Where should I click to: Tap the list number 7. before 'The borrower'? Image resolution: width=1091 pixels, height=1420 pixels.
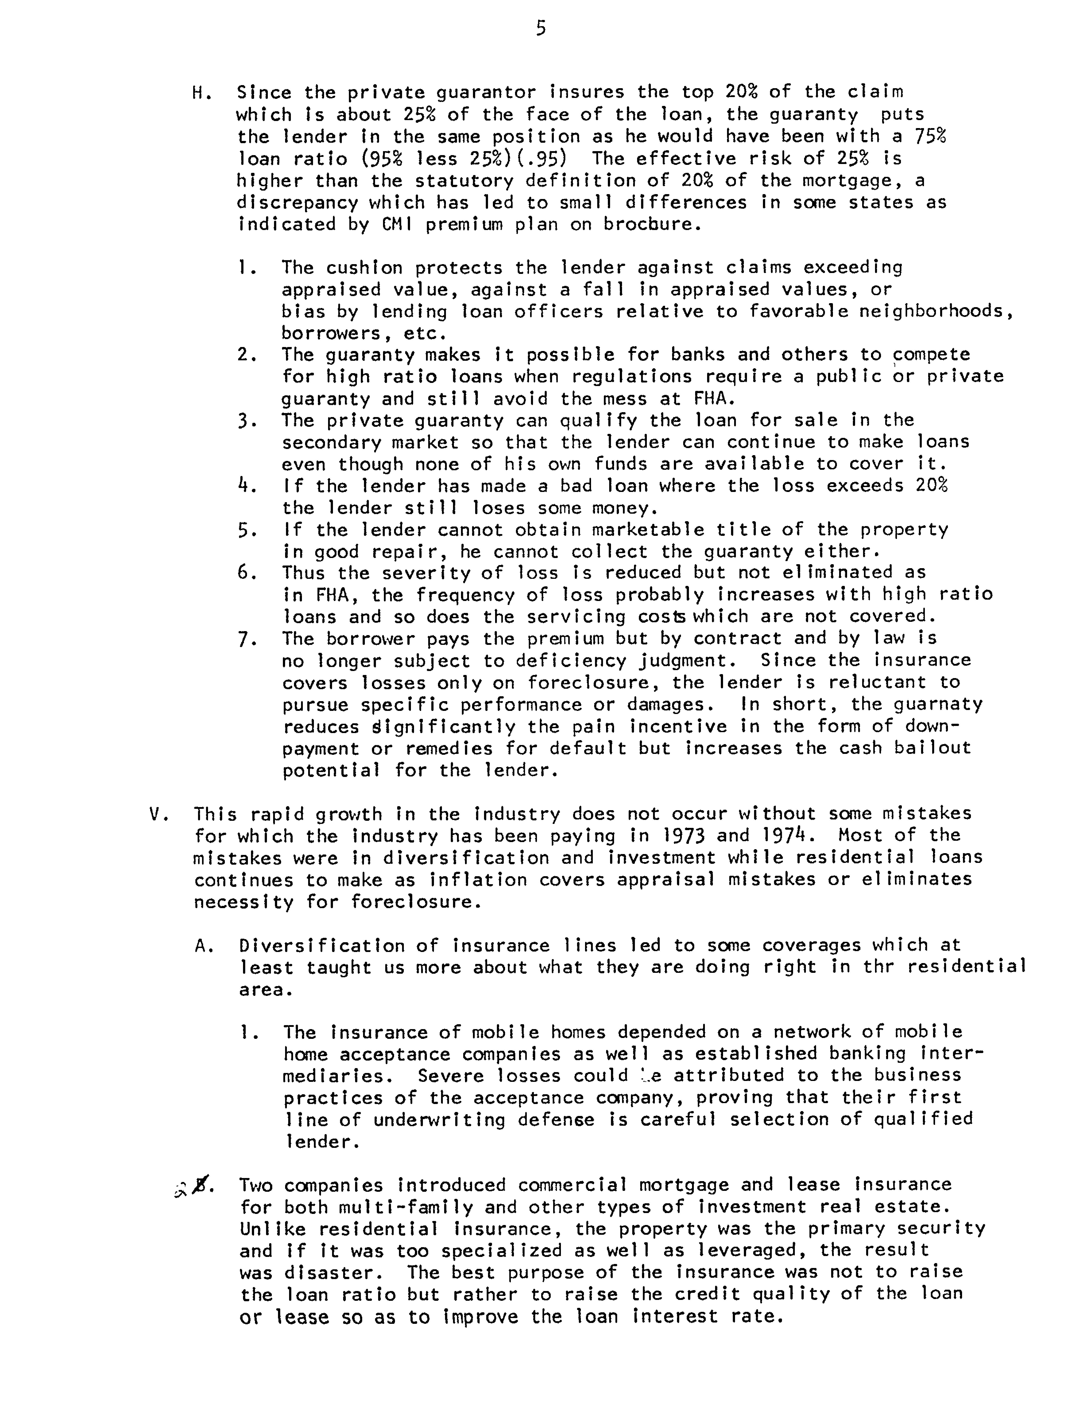247,640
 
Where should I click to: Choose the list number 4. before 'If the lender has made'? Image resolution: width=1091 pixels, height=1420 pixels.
247,486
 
